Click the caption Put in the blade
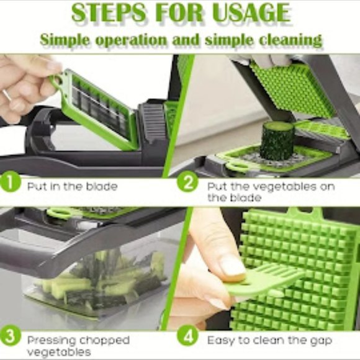(72, 186)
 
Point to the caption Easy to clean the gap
(269, 340)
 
